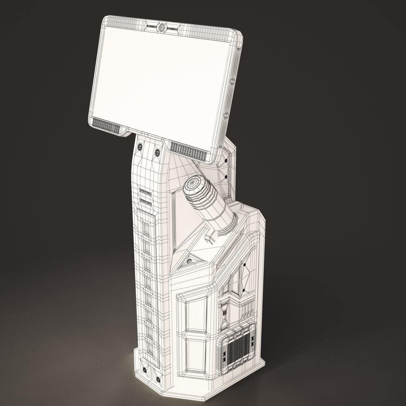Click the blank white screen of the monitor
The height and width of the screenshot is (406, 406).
point(162,78)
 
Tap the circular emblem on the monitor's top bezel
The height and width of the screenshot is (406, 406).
point(162,26)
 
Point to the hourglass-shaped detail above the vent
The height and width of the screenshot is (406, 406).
point(224,313)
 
